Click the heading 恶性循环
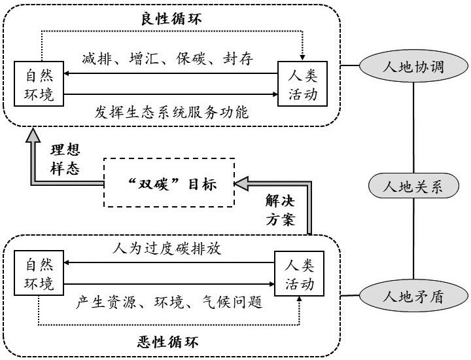171,341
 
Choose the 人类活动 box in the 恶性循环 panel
299,276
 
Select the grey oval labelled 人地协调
413,67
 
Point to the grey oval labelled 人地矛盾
413,295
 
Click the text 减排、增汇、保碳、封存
168,60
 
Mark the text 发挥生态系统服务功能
171,112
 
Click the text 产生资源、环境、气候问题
169,302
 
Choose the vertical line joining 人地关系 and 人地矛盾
413,239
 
